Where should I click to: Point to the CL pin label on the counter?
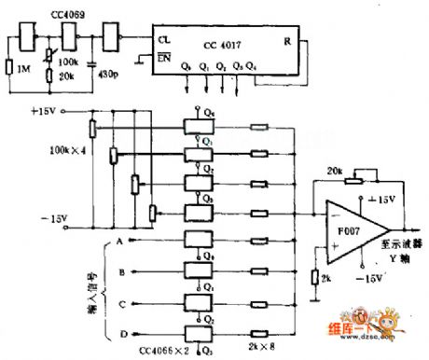164,41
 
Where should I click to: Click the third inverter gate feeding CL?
113,38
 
